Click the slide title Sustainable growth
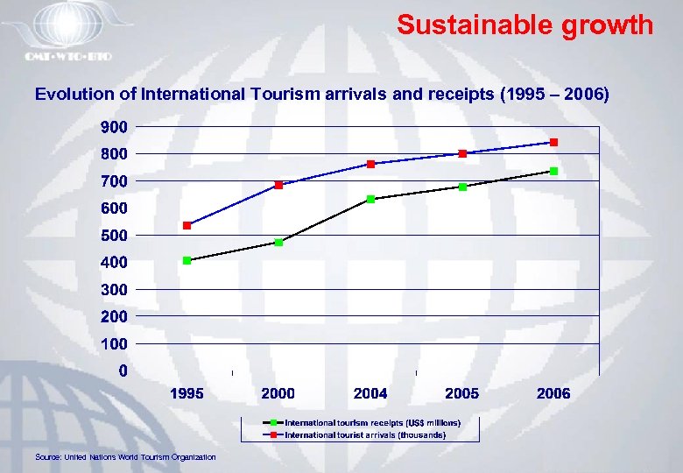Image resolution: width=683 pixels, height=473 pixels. [525, 25]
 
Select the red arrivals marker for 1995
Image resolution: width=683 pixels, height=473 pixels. [187, 226]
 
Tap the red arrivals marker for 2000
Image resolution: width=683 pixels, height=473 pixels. [278, 185]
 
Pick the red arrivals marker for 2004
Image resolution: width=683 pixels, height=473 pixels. [370, 164]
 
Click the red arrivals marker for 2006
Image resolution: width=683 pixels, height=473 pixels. [553, 142]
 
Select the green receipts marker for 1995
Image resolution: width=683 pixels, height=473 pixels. [187, 260]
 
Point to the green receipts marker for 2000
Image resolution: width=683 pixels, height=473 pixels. [278, 243]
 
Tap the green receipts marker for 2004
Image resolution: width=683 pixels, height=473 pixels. [370, 199]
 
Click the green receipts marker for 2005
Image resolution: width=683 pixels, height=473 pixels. [462, 187]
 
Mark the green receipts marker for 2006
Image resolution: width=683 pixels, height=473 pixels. [553, 171]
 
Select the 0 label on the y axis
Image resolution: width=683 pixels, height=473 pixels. [122, 371]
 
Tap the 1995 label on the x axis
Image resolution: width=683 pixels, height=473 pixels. [187, 394]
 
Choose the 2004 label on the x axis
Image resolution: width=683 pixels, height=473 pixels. [370, 394]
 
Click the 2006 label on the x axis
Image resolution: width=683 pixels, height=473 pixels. [553, 394]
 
